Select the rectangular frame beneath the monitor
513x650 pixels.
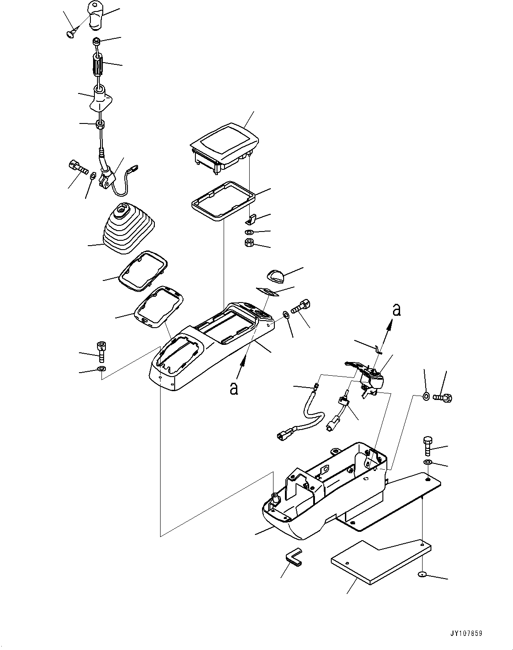point(223,200)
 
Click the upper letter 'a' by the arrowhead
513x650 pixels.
point(397,310)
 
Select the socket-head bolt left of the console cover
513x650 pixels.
point(101,351)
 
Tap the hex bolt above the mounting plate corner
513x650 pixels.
point(427,446)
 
